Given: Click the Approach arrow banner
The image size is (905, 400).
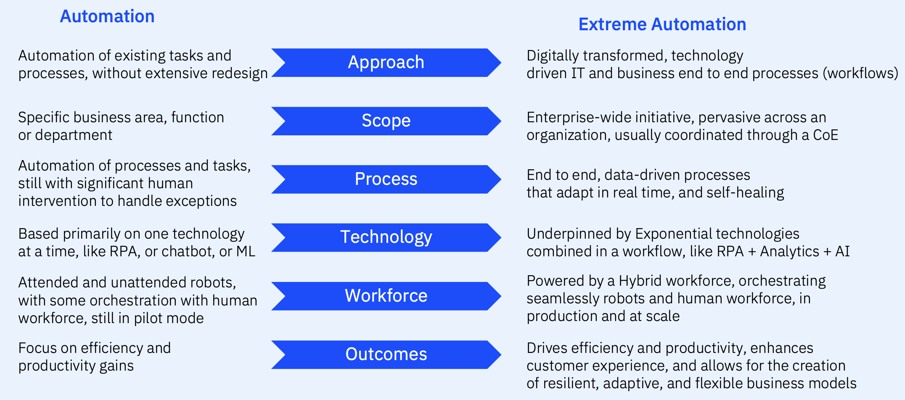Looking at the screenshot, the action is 386,63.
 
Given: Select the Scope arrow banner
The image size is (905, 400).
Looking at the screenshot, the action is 386,121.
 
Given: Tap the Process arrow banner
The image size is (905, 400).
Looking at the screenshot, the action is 386,179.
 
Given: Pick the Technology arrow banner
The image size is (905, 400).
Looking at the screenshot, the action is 386,237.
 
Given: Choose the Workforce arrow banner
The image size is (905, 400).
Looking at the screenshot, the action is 386,296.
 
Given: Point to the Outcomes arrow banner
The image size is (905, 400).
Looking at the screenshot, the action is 386,354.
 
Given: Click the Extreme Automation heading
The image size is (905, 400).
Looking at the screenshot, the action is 662,24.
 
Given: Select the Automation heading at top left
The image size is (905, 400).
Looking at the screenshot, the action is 107,16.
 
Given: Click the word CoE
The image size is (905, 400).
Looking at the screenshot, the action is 826,135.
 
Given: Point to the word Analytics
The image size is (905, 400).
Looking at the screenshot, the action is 789,252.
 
